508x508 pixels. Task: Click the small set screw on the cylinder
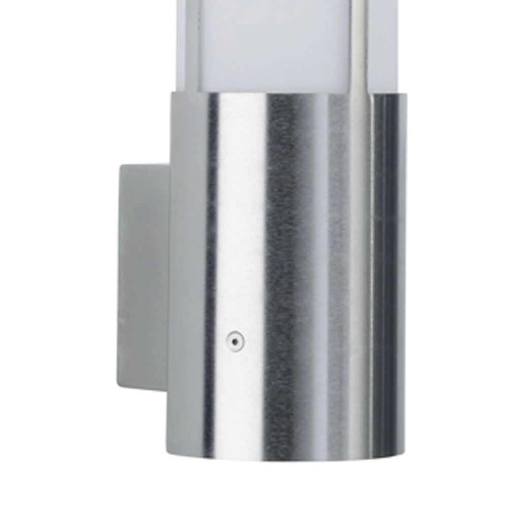[x=235, y=341]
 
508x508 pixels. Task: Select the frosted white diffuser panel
[x=274, y=46]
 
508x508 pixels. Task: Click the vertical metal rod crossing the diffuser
[x=359, y=46]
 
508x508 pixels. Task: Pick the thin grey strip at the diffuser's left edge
[x=192, y=46]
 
